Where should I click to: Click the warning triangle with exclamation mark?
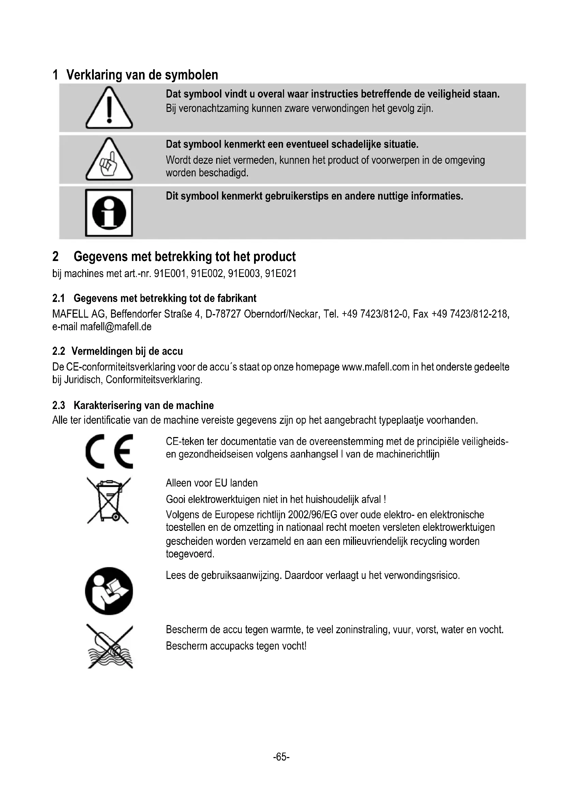point(109,108)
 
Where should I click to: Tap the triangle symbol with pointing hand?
point(109,160)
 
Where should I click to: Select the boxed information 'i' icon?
point(109,213)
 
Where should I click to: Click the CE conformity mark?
point(109,451)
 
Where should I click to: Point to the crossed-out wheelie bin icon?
point(108,500)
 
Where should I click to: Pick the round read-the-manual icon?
point(109,591)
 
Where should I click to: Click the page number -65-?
point(281,757)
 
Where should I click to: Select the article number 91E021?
point(281,274)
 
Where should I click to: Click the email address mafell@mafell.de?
point(116,327)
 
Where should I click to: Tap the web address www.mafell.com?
point(375,367)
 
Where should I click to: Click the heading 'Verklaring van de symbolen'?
point(142,75)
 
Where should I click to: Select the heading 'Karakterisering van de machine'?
point(144,405)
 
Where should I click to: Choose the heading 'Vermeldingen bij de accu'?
point(127,351)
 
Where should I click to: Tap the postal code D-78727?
point(223,314)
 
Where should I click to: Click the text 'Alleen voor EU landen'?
point(212,483)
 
